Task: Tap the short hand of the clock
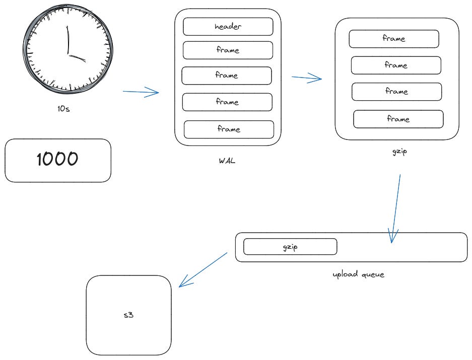click(x=77, y=57)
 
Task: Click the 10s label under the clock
click(x=63, y=109)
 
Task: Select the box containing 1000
click(x=57, y=160)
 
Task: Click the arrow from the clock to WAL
click(x=141, y=92)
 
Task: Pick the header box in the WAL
click(x=228, y=27)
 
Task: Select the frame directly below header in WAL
click(x=228, y=50)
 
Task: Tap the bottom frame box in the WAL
click(x=229, y=129)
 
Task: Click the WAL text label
click(x=228, y=162)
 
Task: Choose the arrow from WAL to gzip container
click(x=307, y=78)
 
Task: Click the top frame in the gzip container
click(x=393, y=39)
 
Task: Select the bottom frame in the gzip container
click(x=398, y=119)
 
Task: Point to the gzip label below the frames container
click(x=399, y=152)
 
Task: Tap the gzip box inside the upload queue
click(x=290, y=247)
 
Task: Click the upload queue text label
click(x=358, y=274)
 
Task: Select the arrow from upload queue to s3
click(x=204, y=269)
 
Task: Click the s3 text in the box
click(x=128, y=316)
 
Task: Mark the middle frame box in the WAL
click(x=227, y=76)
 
